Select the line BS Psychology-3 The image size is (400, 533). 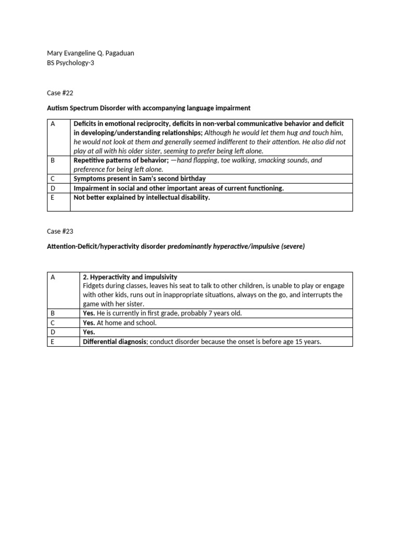tap(71, 62)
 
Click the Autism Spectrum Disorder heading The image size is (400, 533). tap(148, 108)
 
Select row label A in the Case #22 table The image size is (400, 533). tap(53, 124)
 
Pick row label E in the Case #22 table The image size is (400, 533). tap(53, 198)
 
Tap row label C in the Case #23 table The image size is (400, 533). tap(53, 323)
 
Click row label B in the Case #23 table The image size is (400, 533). tap(53, 313)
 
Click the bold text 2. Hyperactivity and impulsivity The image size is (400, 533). tap(130, 277)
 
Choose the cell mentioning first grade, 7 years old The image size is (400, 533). tap(162, 313)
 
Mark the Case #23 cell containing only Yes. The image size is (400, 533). tap(89, 332)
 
